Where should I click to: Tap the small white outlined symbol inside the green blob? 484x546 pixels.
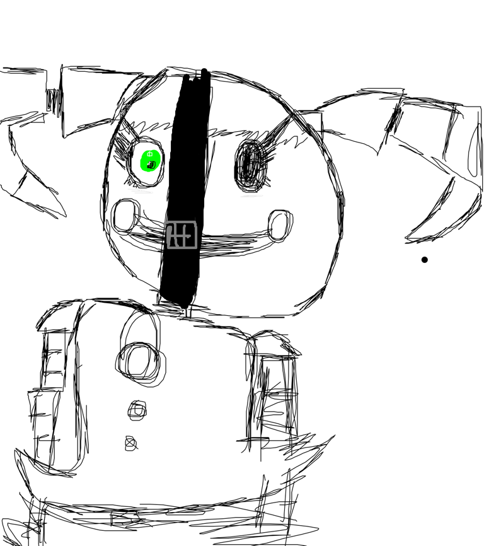150,154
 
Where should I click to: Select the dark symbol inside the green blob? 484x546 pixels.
151,165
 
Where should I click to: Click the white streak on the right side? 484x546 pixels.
251,196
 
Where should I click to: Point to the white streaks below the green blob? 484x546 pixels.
141,190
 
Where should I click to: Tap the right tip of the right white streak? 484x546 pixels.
263,195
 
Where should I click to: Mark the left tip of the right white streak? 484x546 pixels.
241,197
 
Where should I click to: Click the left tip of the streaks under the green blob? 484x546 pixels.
128,189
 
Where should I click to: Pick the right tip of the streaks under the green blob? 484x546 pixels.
153,192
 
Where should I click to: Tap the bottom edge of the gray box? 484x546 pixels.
182,248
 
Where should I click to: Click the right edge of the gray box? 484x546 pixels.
197,235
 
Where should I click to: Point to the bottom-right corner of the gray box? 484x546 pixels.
197,248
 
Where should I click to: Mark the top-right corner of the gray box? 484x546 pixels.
196,222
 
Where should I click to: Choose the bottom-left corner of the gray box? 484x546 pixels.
168,248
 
